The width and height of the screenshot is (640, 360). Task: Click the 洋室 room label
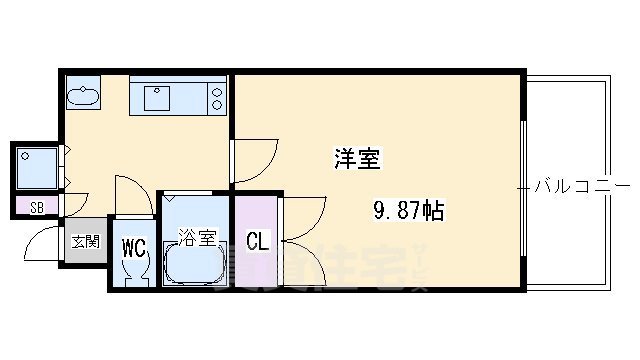[355, 158]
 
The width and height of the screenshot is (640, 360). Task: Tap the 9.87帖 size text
[409, 210]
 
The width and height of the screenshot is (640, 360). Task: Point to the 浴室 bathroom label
[197, 237]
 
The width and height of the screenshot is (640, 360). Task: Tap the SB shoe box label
[36, 208]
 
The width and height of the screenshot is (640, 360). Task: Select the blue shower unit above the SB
[38, 168]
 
